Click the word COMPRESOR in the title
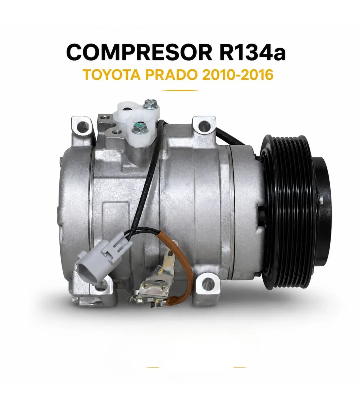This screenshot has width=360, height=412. (x=139, y=53)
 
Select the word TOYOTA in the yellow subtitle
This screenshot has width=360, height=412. (x=112, y=75)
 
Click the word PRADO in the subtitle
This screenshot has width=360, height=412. (x=171, y=75)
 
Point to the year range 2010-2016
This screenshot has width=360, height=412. (x=238, y=75)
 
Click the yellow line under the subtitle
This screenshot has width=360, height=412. (x=180, y=90)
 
